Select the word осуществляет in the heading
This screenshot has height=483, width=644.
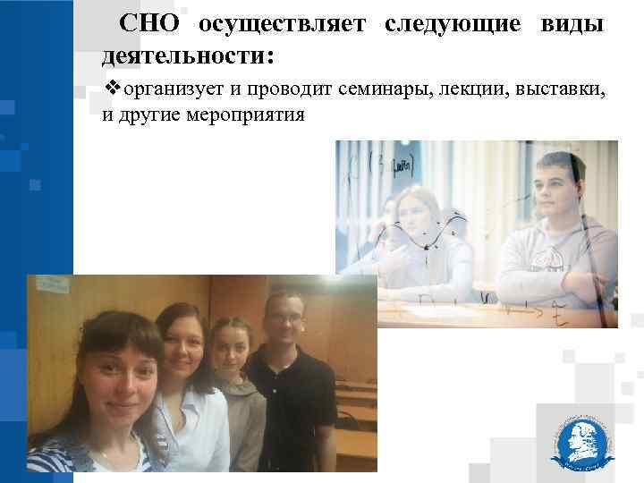pyautogui.click(x=282, y=24)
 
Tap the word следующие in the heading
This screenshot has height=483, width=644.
pyautogui.click(x=452, y=24)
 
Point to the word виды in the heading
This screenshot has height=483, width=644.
pyautogui.click(x=571, y=24)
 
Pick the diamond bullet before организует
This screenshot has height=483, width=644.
pyautogui.click(x=112, y=90)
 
